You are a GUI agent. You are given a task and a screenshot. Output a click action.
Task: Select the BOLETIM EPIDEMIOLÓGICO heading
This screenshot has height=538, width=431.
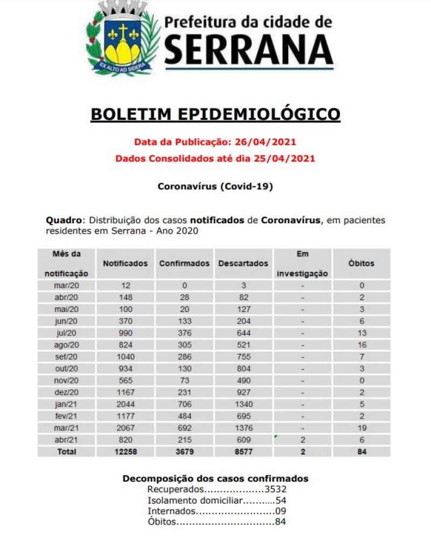click(x=215, y=115)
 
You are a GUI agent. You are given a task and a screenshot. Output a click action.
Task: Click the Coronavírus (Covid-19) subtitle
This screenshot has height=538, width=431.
click(x=215, y=187)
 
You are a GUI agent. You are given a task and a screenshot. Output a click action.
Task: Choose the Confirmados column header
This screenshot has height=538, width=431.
click(x=184, y=264)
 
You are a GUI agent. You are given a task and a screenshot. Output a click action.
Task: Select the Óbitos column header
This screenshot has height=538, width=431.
click(x=362, y=264)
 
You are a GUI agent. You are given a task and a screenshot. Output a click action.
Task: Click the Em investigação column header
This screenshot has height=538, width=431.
click(x=302, y=263)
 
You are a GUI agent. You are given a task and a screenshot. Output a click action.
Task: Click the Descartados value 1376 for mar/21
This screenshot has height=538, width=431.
click(x=243, y=428)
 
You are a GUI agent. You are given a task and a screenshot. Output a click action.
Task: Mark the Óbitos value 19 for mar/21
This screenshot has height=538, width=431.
click(x=362, y=428)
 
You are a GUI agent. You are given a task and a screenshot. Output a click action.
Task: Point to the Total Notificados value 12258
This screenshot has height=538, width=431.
click(x=125, y=452)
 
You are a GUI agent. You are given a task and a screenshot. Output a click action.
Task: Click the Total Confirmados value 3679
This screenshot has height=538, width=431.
click(x=184, y=452)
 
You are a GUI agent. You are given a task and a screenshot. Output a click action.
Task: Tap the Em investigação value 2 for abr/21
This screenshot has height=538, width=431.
click(x=303, y=440)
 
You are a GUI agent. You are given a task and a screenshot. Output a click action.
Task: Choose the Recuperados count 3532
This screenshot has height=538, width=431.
click(x=276, y=490)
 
